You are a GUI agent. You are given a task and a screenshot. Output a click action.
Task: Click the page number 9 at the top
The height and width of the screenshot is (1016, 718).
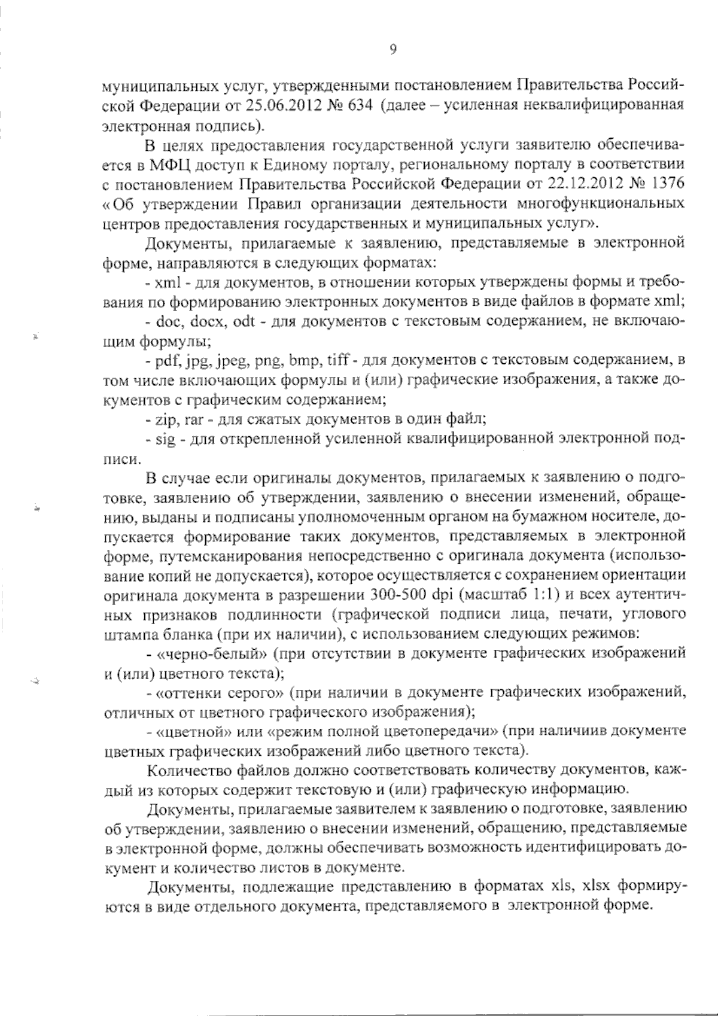click(393, 50)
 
